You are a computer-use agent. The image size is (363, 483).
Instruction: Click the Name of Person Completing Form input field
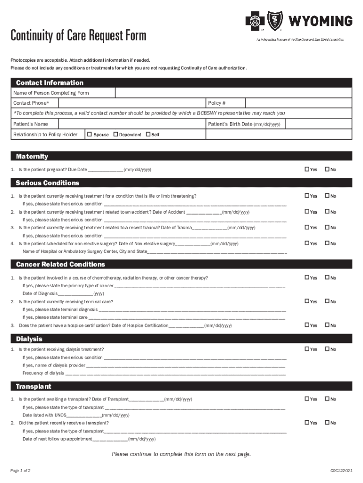tap(233, 93)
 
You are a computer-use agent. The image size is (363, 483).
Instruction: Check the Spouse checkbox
tap(90, 134)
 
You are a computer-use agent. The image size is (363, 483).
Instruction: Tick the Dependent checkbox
tap(115, 134)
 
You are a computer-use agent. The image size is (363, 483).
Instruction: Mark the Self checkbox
tap(148, 134)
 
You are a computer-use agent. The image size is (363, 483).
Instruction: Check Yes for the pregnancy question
tap(307, 169)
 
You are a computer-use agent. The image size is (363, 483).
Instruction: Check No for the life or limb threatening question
tap(326, 196)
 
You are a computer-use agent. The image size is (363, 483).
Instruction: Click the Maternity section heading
tap(32, 156)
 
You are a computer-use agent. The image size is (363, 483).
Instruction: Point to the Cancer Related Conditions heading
tap(60, 264)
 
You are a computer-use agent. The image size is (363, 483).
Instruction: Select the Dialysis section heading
tap(29, 339)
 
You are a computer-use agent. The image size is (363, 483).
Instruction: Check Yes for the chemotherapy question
tap(307, 278)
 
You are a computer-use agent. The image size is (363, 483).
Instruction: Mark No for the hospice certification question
tap(326, 325)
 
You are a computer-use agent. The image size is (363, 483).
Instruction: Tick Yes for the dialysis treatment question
tap(307, 349)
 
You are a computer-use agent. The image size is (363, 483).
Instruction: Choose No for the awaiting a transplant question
tap(326, 399)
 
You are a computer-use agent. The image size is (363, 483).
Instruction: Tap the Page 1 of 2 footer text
tap(21, 471)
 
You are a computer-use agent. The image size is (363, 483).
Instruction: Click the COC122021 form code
tap(341, 471)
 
